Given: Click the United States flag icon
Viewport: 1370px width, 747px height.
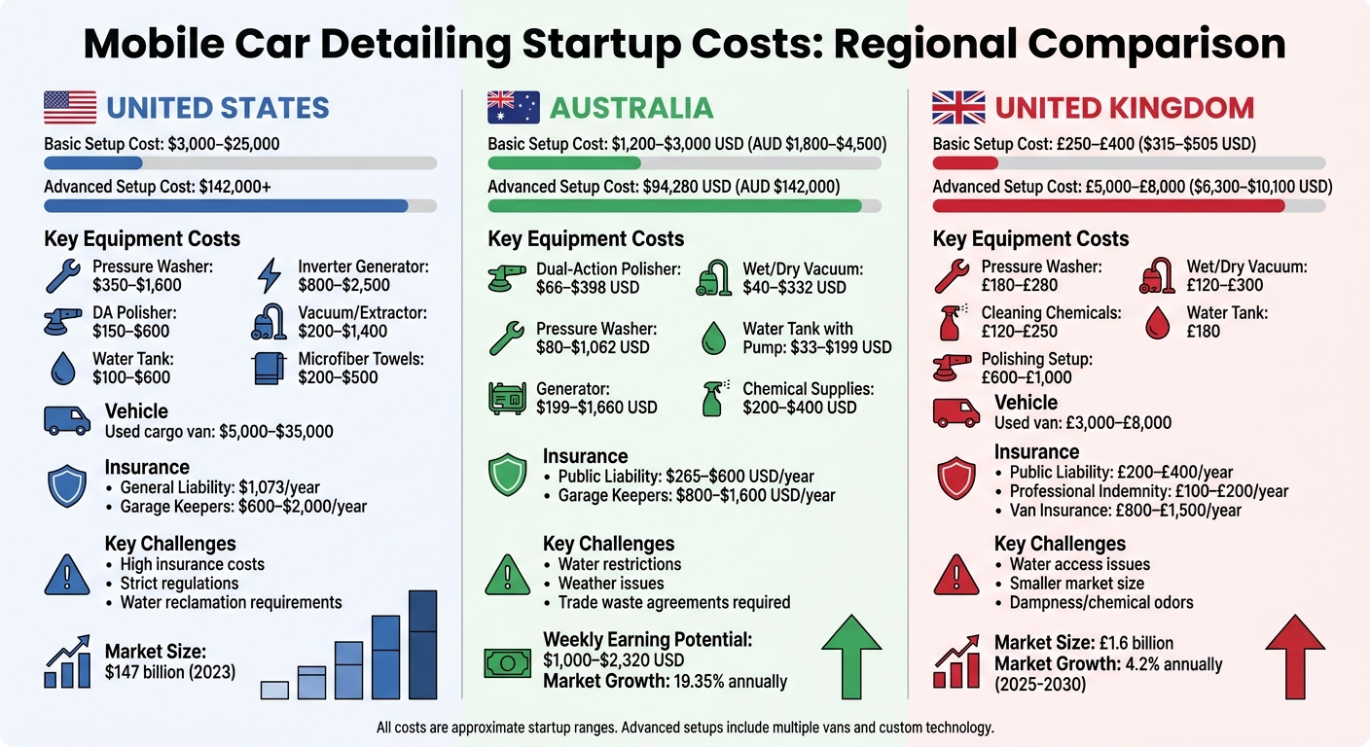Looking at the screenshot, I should coord(70,107).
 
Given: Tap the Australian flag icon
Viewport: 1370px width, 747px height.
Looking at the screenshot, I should coord(513,107).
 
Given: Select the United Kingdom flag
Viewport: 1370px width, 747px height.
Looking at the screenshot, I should coord(957,107).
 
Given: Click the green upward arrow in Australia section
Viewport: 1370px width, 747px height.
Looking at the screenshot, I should coord(851,658).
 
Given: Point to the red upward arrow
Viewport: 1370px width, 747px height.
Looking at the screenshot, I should coord(1294,658).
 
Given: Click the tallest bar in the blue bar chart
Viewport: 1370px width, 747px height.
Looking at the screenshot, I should coord(422,644).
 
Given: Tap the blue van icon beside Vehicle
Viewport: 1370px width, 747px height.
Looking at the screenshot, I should coord(67,419).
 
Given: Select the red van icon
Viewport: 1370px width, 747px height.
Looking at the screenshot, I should coord(955,411).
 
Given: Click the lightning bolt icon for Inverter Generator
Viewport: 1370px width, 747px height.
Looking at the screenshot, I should coord(268,276).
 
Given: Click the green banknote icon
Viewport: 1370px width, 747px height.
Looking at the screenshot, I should coord(508,661).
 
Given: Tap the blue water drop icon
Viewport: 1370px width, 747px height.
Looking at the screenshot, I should coord(67,368).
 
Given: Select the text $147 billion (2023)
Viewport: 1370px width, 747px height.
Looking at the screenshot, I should coord(170,670).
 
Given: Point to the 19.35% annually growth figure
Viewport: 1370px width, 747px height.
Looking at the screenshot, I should coord(729,681).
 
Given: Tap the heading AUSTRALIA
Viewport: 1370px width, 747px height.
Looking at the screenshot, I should coord(631,107).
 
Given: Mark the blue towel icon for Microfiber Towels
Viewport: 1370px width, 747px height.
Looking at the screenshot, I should coord(268,368).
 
